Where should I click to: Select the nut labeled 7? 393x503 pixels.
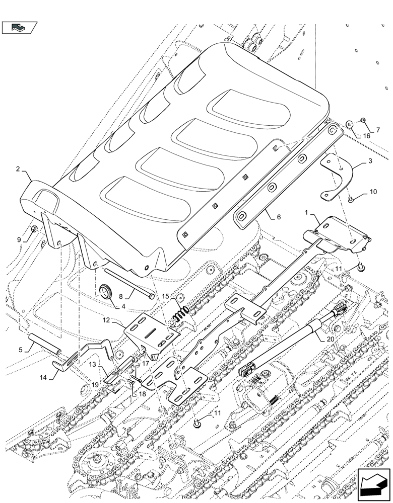[x=362, y=120]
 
